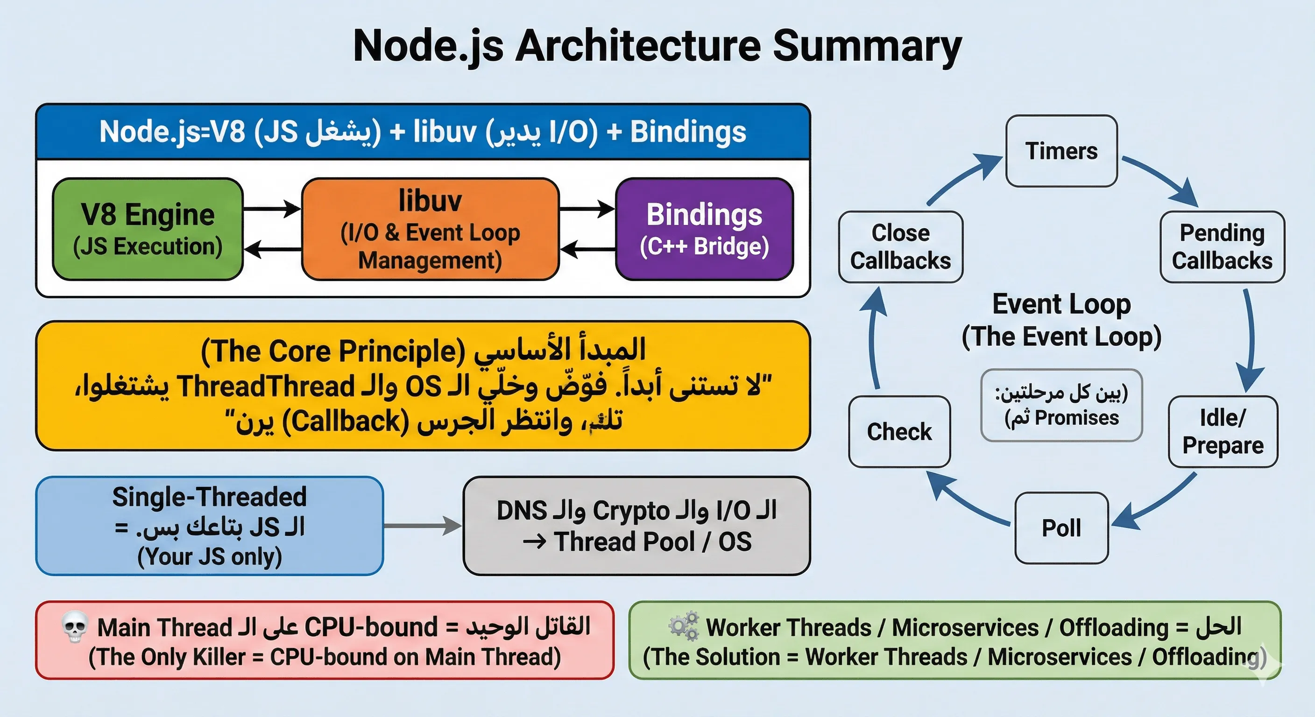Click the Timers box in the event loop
coord(1061,151)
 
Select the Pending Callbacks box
coord(1222,247)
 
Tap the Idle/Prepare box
coord(1223,432)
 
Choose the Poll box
coord(1061,527)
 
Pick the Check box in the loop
coord(899,432)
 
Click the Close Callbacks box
coord(900,247)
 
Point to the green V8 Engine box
coord(148,229)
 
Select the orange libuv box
coord(430,229)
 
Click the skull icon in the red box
coord(75,627)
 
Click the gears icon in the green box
coord(684,626)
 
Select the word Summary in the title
coord(866,46)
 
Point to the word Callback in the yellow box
coord(345,422)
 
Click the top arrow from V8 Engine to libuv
coord(272,209)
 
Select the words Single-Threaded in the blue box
coord(209,497)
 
